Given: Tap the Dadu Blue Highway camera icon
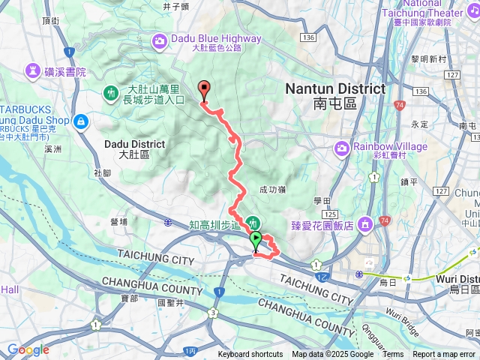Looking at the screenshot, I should (x=160, y=39).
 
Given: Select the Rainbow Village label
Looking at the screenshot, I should (x=379, y=146).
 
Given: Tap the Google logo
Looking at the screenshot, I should (x=28, y=349).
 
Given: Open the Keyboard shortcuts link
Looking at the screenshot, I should (x=250, y=355).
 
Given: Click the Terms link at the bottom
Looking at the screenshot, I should (x=393, y=355).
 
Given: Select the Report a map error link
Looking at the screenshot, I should (x=444, y=355).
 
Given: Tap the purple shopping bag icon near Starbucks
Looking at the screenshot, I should (x=81, y=120).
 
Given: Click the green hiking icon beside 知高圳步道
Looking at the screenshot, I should (x=254, y=223).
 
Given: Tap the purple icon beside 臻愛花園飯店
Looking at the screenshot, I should (x=367, y=223).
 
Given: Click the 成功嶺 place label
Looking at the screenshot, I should (x=273, y=190).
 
